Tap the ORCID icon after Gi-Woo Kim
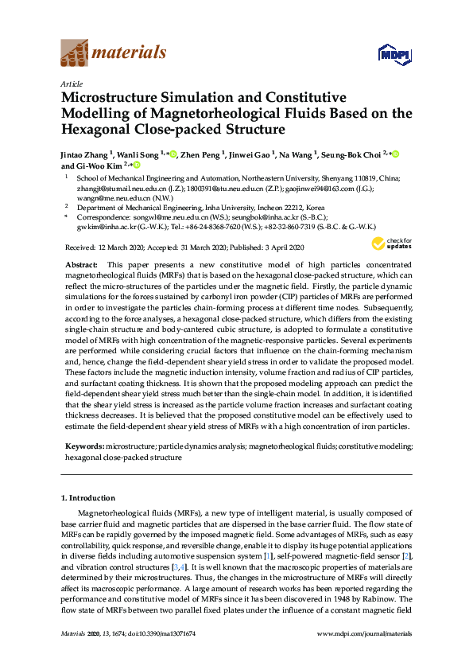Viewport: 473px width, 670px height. [x=136, y=166]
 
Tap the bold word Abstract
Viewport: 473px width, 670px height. [x=81, y=263]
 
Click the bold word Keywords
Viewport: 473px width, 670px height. [x=83, y=448]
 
